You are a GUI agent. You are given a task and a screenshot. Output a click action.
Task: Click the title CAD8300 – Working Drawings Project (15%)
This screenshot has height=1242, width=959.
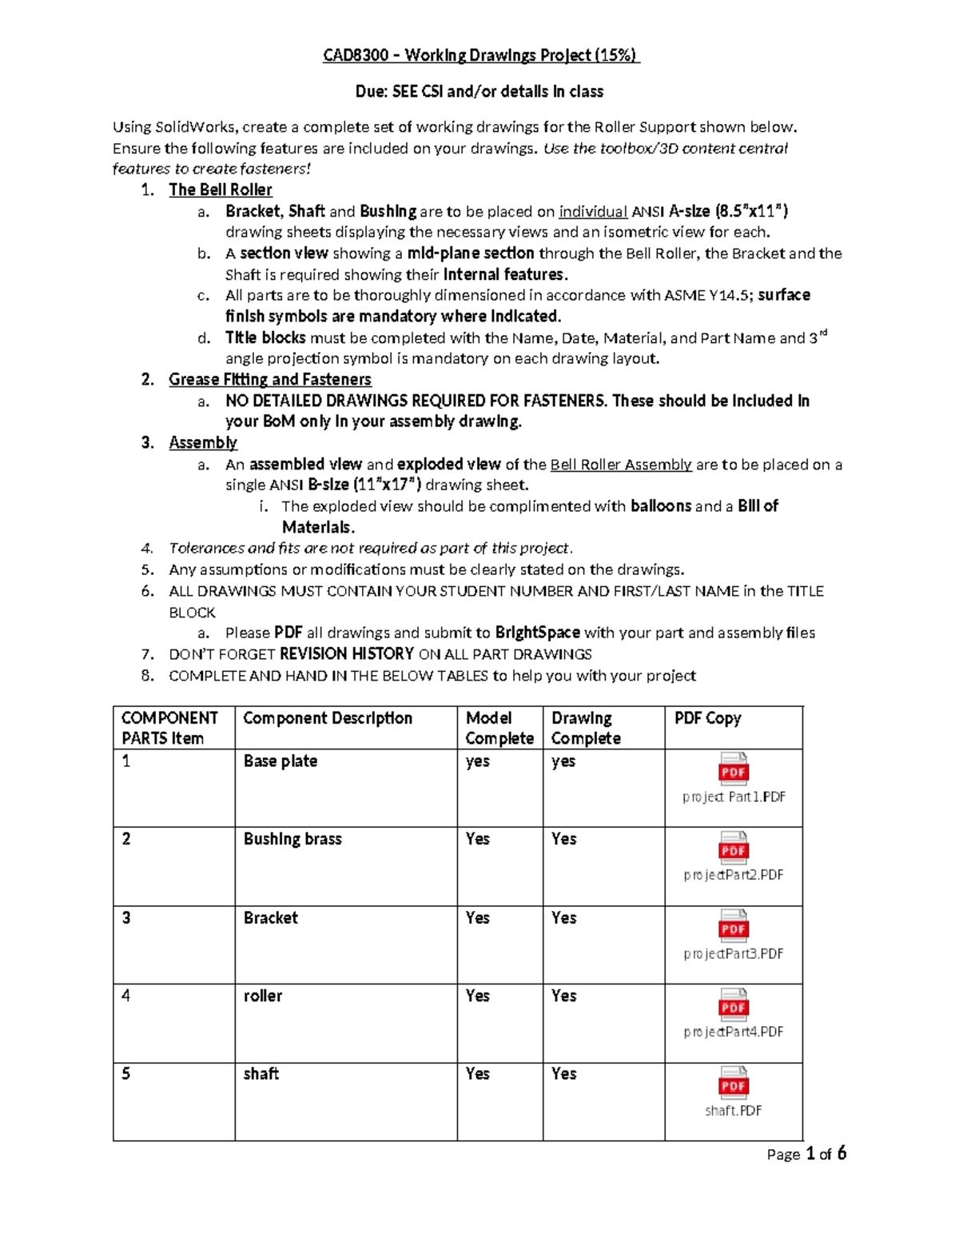tap(480, 55)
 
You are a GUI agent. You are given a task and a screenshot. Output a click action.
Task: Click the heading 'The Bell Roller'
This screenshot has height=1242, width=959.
tap(220, 190)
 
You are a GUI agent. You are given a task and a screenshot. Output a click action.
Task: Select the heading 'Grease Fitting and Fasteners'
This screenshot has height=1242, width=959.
tap(269, 379)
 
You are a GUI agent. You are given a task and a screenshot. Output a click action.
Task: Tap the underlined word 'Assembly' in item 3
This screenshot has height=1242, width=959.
tap(202, 442)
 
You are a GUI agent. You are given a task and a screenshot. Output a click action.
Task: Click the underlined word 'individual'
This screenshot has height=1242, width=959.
tap(592, 211)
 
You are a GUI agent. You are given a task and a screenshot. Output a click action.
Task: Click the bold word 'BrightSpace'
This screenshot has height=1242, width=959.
tap(537, 633)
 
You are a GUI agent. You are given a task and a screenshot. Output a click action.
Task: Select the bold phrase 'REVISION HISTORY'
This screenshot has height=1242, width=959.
tap(346, 653)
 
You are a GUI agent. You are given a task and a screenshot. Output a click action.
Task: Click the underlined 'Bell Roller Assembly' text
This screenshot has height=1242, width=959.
tap(621, 464)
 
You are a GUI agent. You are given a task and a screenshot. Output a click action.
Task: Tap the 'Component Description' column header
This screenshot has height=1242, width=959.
tap(328, 718)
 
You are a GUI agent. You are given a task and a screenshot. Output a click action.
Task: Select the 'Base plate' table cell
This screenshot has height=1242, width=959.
tap(281, 761)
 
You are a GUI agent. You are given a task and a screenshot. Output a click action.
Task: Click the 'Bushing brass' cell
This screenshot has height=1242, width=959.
tap(292, 839)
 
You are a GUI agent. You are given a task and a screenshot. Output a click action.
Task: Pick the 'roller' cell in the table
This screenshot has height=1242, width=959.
tap(263, 996)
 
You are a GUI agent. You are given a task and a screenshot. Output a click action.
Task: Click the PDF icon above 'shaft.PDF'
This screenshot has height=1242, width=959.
tap(733, 1083)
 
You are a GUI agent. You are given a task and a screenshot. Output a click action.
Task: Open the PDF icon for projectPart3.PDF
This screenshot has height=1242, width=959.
tap(733, 926)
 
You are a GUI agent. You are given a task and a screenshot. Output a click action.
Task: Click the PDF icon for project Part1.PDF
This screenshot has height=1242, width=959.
tap(733, 769)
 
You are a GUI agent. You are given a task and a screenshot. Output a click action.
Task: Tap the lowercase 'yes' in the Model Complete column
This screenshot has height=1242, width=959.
tap(477, 761)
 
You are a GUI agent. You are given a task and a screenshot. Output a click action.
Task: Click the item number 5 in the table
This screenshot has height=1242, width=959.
tap(126, 1073)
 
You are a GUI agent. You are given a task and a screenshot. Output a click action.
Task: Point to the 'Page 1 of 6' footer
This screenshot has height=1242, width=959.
tap(806, 1153)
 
